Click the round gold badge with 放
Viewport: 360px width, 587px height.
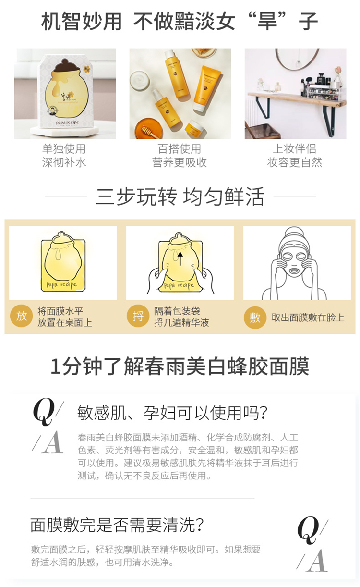click(x=21, y=316)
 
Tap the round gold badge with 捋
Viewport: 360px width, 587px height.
click(x=138, y=316)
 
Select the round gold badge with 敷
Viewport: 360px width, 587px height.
click(x=255, y=318)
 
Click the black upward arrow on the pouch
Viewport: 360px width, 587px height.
click(x=180, y=258)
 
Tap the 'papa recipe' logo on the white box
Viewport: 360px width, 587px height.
click(x=67, y=122)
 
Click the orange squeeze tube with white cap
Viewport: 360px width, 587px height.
click(x=206, y=88)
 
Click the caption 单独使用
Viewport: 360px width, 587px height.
click(x=64, y=149)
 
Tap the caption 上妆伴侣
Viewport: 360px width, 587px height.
click(x=295, y=149)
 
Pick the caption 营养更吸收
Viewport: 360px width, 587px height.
click(x=180, y=162)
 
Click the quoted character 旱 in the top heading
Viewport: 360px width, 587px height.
click(x=267, y=21)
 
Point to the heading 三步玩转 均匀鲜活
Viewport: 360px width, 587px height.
click(x=180, y=196)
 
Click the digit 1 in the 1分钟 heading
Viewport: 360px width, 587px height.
click(x=55, y=367)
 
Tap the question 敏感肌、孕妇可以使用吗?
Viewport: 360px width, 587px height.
click(x=172, y=413)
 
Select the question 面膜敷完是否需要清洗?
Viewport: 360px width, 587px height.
click(x=117, y=525)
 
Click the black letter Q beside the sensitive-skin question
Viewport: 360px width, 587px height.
click(x=44, y=412)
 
